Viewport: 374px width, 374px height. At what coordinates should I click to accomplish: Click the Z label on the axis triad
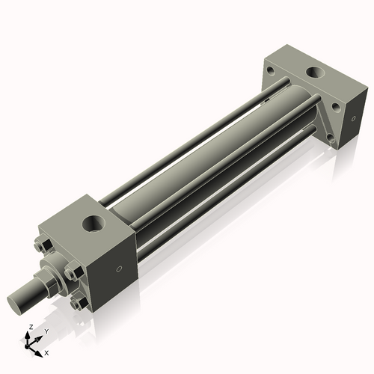click(x=28, y=327)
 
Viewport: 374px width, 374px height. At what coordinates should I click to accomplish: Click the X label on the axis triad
click(x=46, y=352)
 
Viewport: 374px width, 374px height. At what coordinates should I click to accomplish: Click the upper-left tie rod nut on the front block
click(x=42, y=247)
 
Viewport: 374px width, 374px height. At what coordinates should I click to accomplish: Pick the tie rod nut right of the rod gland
click(x=73, y=273)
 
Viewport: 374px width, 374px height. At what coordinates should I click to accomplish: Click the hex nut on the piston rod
click(x=44, y=282)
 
